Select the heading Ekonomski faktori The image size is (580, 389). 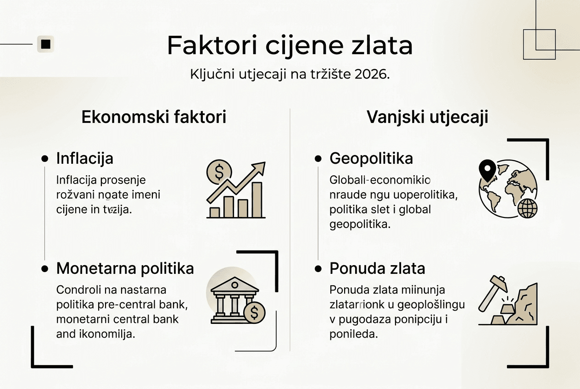coord(154,117)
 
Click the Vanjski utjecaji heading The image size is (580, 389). coord(427,117)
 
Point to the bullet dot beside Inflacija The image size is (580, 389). coord(45,159)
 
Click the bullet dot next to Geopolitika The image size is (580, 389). coord(318,159)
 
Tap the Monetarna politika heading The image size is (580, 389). coord(125,269)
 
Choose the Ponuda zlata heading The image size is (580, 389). coord(377,269)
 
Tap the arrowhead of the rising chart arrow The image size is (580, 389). coord(260,167)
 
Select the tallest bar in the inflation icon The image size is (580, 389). coord(257,200)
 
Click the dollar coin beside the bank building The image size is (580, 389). coord(254,313)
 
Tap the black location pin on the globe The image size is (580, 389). coord(487,170)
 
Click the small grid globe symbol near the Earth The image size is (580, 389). coord(527,209)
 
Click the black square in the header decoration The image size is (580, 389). coord(45,44)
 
